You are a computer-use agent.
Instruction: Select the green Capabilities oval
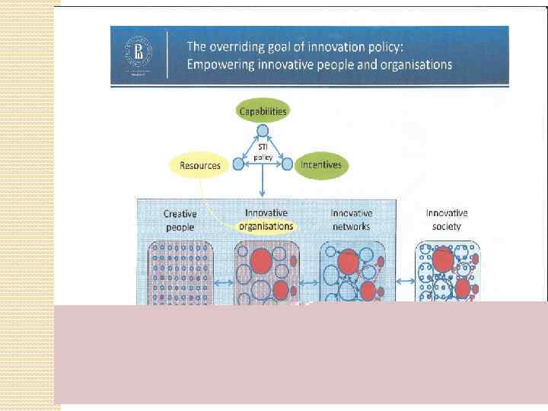coord(263,111)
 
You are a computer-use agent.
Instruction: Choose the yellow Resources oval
coord(199,164)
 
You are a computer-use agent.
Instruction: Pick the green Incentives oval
coord(320,164)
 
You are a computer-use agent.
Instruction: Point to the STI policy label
coord(263,152)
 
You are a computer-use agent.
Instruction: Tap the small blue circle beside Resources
coord(237,164)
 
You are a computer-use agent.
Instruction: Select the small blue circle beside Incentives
coord(288,164)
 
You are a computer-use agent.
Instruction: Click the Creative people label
coord(180,221)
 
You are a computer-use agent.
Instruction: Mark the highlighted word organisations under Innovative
coord(266,226)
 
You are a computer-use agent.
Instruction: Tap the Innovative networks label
coord(352,220)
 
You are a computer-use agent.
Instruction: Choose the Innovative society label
coord(447,219)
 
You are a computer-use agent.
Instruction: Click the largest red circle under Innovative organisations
coord(262,260)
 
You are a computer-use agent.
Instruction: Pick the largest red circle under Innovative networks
coord(348,262)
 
